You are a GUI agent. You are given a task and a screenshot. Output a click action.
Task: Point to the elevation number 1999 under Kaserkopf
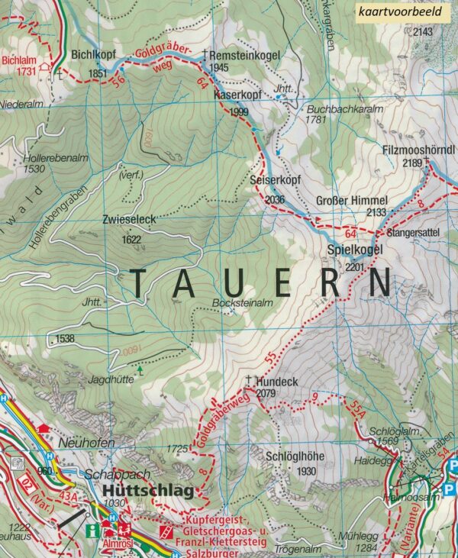coord(239,112)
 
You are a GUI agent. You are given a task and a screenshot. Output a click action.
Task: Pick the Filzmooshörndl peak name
coord(418,150)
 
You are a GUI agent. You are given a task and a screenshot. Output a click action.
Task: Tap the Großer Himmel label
coord(352,201)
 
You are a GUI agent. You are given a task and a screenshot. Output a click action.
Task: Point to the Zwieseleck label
coord(129,219)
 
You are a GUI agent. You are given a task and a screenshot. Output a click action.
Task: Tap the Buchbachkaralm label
coord(331,109)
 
